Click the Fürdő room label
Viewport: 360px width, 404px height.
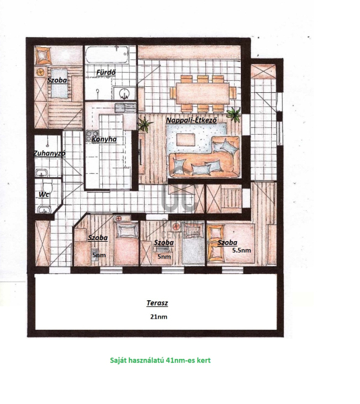(106, 73)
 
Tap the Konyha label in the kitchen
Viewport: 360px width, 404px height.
(104, 139)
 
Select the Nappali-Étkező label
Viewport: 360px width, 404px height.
(191, 121)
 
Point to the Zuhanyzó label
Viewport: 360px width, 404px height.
(49, 154)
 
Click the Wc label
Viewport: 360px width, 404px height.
(44, 195)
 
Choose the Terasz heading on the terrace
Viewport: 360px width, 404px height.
(157, 303)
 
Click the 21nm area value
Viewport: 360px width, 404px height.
(159, 316)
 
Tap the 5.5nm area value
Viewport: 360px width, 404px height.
(242, 250)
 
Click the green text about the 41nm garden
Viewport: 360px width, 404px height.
(160, 360)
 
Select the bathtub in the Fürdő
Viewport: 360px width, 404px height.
(107, 55)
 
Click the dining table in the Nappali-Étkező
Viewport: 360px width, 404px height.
(203, 93)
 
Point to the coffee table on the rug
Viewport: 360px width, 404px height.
(186, 139)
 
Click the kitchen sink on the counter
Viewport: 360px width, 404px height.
(125, 108)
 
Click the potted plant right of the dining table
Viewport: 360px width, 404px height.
(234, 114)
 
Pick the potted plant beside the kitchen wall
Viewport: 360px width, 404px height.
(145, 124)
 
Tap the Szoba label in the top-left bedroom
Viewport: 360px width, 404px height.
(57, 80)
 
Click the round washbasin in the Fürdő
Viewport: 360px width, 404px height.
(124, 93)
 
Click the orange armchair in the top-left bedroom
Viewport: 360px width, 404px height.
(43, 55)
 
